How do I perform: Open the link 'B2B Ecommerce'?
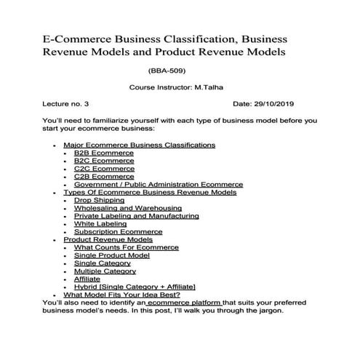tap(103, 153)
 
